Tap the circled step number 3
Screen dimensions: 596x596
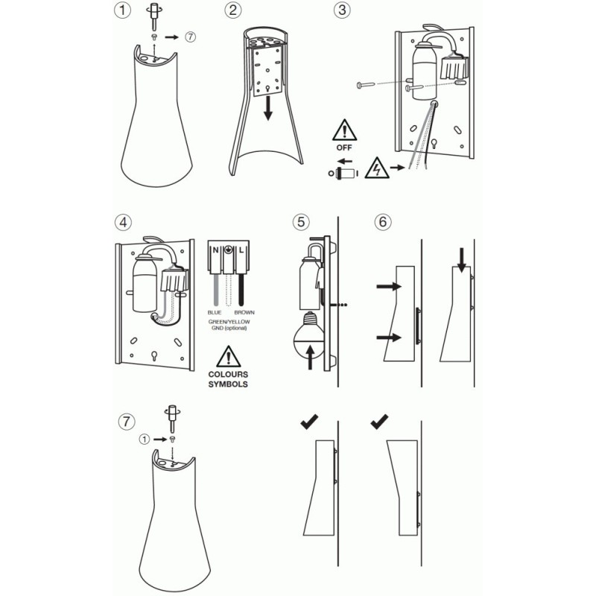tap(343, 11)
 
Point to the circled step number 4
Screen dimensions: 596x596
tap(124, 221)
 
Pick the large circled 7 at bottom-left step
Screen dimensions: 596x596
tap(127, 422)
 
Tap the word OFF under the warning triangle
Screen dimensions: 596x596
tap(343, 148)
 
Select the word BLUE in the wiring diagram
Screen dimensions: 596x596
tap(215, 311)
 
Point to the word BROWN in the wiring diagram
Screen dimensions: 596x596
tap(244, 311)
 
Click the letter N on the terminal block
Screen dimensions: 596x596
tap(216, 250)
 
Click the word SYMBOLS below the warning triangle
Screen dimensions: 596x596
tap(228, 384)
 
